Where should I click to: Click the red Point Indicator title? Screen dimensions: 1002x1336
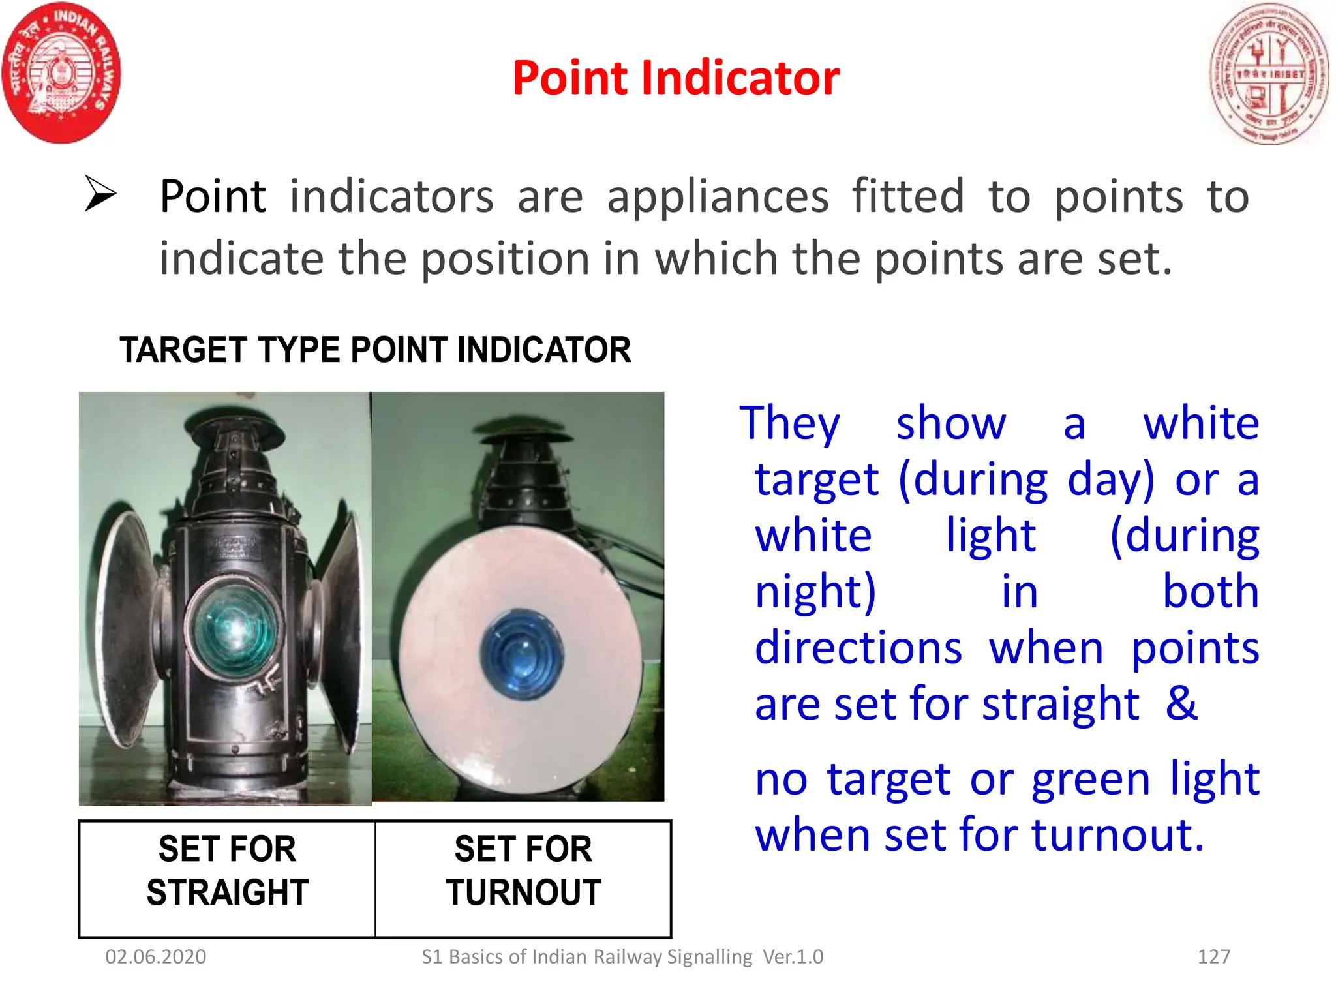click(676, 78)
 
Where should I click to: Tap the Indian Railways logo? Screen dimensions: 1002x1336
click(61, 72)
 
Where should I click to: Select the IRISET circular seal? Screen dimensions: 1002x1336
click(1269, 73)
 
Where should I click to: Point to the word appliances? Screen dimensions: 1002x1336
click(718, 196)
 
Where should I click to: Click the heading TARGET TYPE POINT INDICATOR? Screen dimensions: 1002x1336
click(375, 350)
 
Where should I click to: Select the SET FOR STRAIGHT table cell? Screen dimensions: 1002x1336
click(227, 872)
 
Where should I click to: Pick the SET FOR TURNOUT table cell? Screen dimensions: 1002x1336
click(523, 872)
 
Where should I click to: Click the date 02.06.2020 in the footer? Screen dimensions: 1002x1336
click(155, 957)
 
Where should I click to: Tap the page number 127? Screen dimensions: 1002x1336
click(1213, 957)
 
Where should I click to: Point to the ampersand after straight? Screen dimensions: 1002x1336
click(1181, 703)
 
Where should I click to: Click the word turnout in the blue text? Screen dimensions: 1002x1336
click(1116, 835)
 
